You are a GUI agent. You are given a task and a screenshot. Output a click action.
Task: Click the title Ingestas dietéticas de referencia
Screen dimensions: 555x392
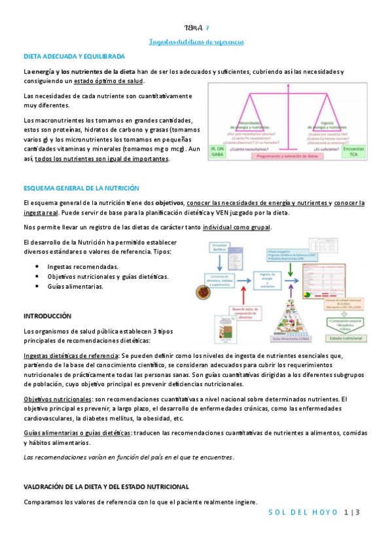(x=196, y=42)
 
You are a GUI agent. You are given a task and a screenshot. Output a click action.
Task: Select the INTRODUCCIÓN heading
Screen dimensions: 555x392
(x=46, y=315)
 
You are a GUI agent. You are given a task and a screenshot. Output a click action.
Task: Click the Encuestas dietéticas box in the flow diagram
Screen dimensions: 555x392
(x=221, y=248)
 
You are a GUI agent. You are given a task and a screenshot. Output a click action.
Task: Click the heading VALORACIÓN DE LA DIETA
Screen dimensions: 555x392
(x=106, y=487)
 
